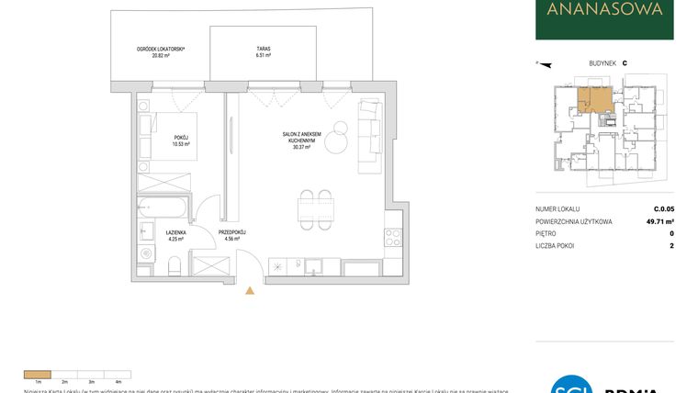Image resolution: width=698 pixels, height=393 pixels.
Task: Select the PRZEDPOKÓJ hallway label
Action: coord(233,233)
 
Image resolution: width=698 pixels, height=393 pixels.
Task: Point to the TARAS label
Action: coord(264,50)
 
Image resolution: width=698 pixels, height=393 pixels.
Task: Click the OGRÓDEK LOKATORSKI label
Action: coord(162,50)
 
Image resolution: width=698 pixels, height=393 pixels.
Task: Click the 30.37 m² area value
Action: coord(301,147)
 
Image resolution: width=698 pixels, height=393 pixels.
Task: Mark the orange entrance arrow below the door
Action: coord(249,291)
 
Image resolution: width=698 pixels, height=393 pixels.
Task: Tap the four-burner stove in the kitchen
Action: coord(393,237)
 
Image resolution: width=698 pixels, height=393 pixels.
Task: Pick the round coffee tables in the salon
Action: coord(337,138)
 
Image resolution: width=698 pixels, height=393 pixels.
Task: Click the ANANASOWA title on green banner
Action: coord(604,11)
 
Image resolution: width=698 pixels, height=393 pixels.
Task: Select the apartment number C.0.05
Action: coord(664,209)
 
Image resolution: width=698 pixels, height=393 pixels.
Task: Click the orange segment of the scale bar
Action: coord(38,374)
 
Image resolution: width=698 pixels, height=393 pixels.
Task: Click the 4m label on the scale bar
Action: coord(118,381)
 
